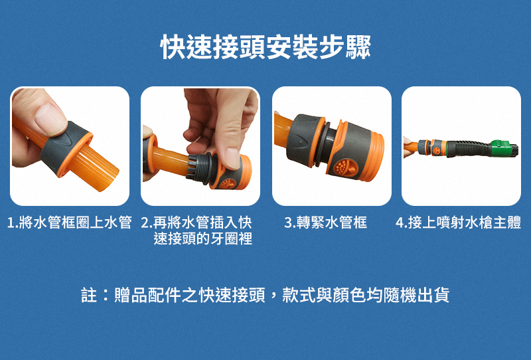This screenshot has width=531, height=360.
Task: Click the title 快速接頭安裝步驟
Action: pos(265,47)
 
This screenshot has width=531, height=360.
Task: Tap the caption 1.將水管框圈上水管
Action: pos(70,223)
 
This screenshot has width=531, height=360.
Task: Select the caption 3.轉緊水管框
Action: pos(326,223)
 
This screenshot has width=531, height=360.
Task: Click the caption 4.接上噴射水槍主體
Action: pos(458,223)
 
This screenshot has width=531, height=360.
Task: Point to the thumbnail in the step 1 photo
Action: pos(50,118)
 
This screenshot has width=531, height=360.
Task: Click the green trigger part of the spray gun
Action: pos(502,147)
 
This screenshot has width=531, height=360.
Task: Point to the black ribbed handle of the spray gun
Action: pos(469,149)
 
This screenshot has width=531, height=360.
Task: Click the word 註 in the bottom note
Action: pos(89,295)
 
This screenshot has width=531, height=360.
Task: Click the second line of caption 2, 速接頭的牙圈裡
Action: pos(203,239)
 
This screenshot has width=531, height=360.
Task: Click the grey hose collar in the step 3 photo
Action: pos(304,140)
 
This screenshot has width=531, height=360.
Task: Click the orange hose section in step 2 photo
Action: pos(170,160)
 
